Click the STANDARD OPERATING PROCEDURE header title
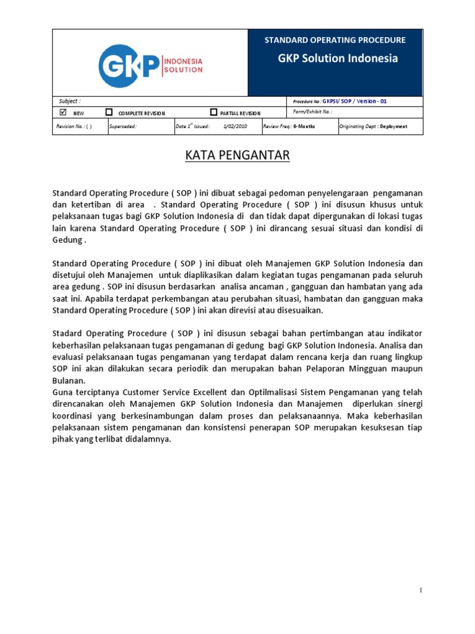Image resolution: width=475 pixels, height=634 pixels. (335, 40)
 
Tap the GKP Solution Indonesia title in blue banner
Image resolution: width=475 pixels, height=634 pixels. (337, 59)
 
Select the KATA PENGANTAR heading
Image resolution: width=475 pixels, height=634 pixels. (237, 155)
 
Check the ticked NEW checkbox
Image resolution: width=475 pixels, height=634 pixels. (62, 113)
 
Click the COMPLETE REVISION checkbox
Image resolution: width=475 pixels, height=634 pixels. (109, 113)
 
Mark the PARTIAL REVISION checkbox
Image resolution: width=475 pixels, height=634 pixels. (213, 113)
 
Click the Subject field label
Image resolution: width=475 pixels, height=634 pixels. (69, 101)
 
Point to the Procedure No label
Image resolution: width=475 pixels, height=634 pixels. (304, 102)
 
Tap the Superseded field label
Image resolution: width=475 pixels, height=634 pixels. (122, 126)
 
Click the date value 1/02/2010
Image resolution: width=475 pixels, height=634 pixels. (234, 126)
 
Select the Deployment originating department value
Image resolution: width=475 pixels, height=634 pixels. (394, 126)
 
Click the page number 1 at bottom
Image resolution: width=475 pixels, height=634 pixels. (421, 591)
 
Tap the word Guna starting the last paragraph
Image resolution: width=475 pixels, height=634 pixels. (62, 392)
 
